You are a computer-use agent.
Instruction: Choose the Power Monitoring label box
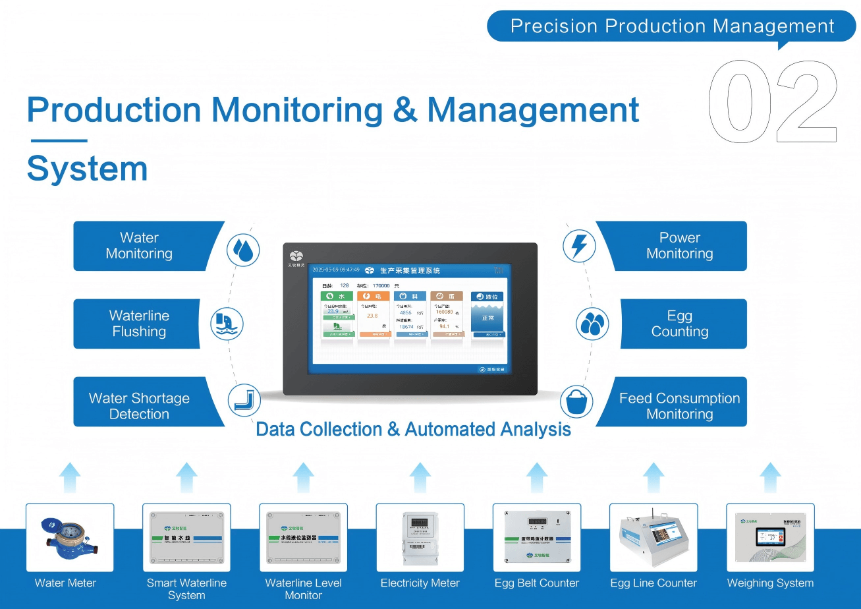pyautogui.click(x=679, y=246)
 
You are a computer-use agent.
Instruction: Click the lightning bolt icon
pyautogui.click(x=579, y=246)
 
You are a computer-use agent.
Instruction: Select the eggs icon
pyautogui.click(x=592, y=324)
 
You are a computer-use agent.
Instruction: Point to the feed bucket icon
pyautogui.click(x=576, y=401)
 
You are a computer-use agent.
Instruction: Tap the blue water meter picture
pyautogui.click(x=70, y=537)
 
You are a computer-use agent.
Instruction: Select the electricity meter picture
pyautogui.click(x=420, y=537)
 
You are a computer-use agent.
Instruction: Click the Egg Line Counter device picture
pyautogui.click(x=653, y=537)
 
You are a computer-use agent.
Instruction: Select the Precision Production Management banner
pyautogui.click(x=671, y=26)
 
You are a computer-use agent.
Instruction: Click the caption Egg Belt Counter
pyautogui.click(x=536, y=583)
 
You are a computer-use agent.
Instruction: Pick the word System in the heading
pyautogui.click(x=87, y=169)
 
